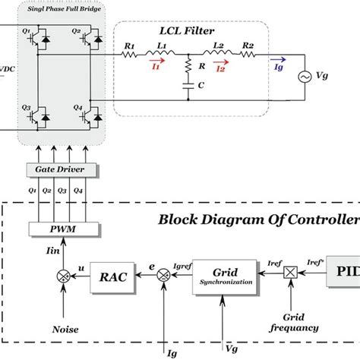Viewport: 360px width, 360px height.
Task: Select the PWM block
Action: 65,229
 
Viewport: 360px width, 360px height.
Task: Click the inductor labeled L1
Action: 164,55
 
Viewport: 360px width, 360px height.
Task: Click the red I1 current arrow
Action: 156,68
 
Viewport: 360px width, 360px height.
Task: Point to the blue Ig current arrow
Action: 276,68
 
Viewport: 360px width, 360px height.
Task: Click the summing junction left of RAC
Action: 65,279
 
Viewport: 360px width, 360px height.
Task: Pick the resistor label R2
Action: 248,46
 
